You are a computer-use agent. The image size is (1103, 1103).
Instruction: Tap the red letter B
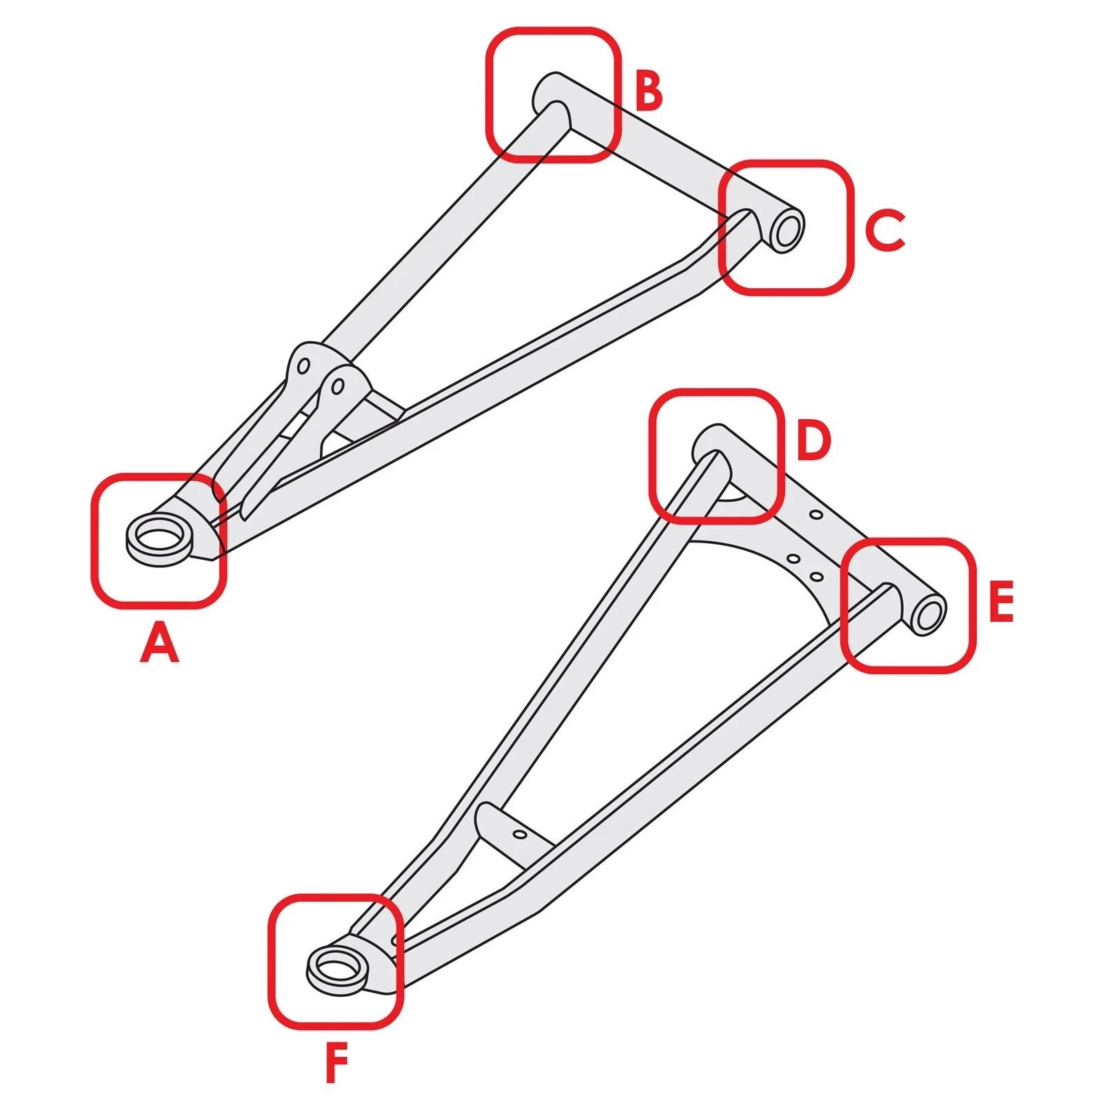pos(649,91)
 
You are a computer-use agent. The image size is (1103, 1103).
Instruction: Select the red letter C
pos(884,232)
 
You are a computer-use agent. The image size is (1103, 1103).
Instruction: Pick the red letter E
pos(1001,601)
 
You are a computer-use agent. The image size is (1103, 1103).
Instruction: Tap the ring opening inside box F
pos(338,966)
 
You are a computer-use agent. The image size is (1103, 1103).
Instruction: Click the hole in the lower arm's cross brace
pos(520,835)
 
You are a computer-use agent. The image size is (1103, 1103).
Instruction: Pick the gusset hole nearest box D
pos(816,514)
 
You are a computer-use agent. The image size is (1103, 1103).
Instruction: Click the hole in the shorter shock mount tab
pos(336,386)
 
